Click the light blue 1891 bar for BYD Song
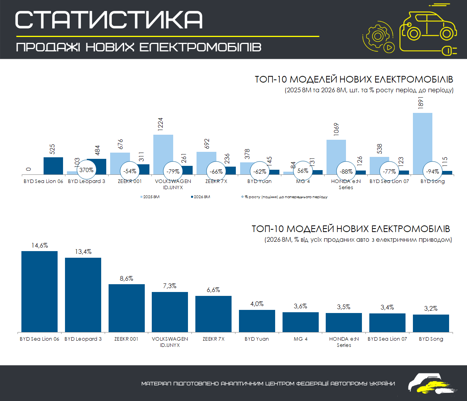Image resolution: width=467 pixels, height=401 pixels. click(423, 144)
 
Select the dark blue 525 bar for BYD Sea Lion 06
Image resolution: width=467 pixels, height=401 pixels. click(53, 166)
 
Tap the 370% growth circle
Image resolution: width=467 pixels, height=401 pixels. click(86, 170)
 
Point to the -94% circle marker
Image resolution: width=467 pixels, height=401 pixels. click(432, 172)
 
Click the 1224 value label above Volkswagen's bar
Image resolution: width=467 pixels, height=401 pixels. click(160, 124)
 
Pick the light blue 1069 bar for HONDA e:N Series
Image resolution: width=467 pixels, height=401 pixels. click(336, 157)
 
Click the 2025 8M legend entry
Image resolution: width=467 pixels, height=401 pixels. click(150, 197)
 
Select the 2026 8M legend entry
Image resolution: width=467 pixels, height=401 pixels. click(201, 197)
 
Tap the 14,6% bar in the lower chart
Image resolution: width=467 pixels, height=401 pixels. click(40, 292)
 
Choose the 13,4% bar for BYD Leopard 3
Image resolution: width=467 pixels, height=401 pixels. click(83, 295)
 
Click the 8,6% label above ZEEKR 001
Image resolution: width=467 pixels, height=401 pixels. click(126, 278)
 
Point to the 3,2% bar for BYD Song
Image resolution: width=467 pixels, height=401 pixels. click(431, 323)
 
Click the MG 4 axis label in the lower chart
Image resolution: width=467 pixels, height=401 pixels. click(300, 339)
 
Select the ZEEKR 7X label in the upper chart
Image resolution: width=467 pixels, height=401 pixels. click(216, 181)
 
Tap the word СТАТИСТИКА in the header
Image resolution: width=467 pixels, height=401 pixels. click(109, 20)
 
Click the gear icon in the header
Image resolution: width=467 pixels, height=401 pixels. click(377, 36)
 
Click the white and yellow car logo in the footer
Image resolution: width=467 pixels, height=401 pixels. click(432, 383)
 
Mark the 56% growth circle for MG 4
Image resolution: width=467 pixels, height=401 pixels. click(303, 171)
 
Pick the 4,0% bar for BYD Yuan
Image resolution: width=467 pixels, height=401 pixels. click(257, 321)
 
